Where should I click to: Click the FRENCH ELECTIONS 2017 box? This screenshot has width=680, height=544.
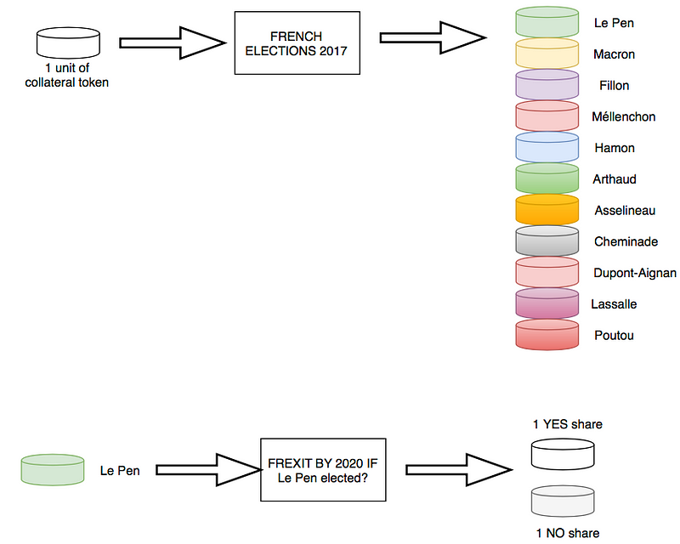coord(291,43)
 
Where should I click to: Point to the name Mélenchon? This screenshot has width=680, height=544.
coord(624,117)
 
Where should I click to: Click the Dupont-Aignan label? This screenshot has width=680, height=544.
coord(635,273)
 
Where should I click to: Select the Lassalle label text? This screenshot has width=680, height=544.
coord(614,304)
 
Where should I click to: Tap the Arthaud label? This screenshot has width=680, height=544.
coord(615,179)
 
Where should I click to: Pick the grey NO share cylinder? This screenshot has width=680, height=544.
coord(562,501)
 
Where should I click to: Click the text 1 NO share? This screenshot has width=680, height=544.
coord(567,533)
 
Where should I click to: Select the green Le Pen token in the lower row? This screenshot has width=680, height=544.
coord(53,469)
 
